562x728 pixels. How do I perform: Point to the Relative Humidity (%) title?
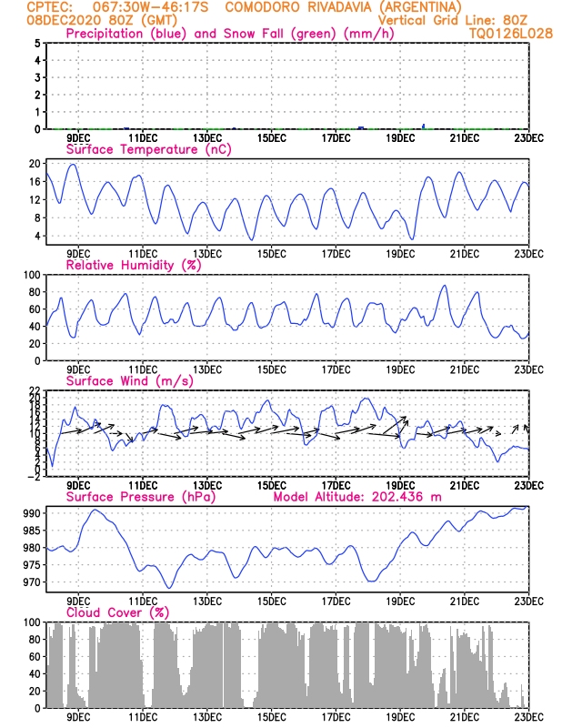click(x=133, y=265)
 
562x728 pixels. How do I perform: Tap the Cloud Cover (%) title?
click(x=115, y=612)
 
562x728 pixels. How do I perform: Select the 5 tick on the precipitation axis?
click(x=36, y=43)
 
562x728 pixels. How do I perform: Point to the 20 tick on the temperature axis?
click(x=34, y=164)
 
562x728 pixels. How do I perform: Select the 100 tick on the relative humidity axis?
click(x=31, y=274)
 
